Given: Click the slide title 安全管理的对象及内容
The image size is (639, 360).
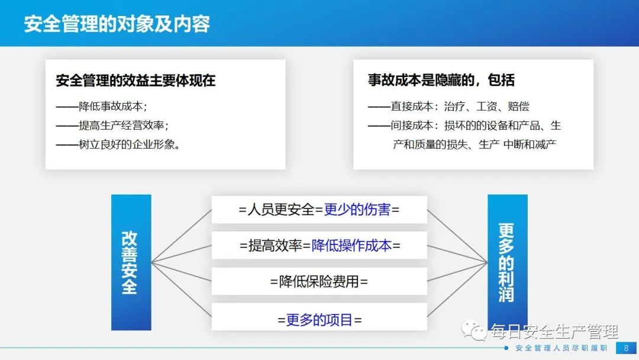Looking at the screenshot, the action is tap(117, 24).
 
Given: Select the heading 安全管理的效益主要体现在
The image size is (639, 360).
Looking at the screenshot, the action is tap(135, 81).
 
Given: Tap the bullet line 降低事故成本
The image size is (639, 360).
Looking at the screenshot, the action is tap(102, 107).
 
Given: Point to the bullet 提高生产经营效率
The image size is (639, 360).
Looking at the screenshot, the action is tap(112, 125).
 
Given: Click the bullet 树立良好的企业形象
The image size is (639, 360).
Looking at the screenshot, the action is tap(118, 144).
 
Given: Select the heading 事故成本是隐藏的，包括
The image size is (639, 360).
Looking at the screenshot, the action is tap(441, 80).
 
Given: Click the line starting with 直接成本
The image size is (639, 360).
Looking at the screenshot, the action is tap(448, 107).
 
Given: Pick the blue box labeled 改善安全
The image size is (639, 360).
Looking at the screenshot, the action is tap(131, 262).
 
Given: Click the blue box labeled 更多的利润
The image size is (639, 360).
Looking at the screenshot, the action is tap(508, 262).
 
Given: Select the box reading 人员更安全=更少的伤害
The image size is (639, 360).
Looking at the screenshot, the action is tap(319, 210).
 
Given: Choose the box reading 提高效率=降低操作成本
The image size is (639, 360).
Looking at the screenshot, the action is tap(319, 246).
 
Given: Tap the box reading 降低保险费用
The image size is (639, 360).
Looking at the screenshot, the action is tap(319, 281).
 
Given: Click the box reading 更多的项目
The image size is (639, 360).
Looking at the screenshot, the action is tap(319, 317).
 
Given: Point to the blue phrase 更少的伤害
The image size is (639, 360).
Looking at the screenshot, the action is tap(357, 210).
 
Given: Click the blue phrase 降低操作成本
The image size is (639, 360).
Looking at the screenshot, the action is tap(351, 246).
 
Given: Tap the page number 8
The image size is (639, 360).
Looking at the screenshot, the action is tap(627, 348).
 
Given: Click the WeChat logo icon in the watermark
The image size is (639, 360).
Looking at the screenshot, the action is tap(473, 330).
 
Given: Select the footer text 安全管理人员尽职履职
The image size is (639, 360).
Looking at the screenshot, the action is tap(561, 348).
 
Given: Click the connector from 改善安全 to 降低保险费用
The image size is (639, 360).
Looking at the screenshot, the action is tap(182, 272).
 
